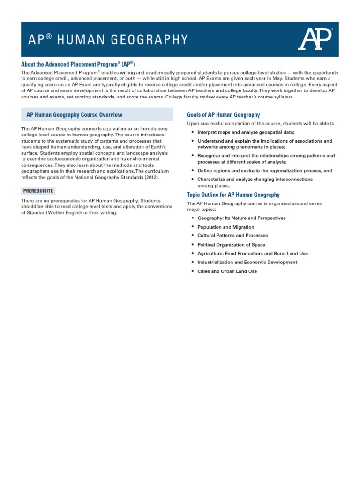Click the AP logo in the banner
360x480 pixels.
315,39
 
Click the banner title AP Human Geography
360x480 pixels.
108,39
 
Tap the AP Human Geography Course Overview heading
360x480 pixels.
75,114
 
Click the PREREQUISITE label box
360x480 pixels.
38,191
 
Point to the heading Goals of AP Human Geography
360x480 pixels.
223,114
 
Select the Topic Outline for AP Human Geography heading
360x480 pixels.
233,195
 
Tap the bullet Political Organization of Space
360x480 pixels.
231,245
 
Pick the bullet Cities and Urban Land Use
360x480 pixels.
227,271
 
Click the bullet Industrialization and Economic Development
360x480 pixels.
247,262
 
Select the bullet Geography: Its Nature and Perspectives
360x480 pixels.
241,218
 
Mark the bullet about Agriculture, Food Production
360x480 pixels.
252,254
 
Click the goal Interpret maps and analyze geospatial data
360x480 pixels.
246,133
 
